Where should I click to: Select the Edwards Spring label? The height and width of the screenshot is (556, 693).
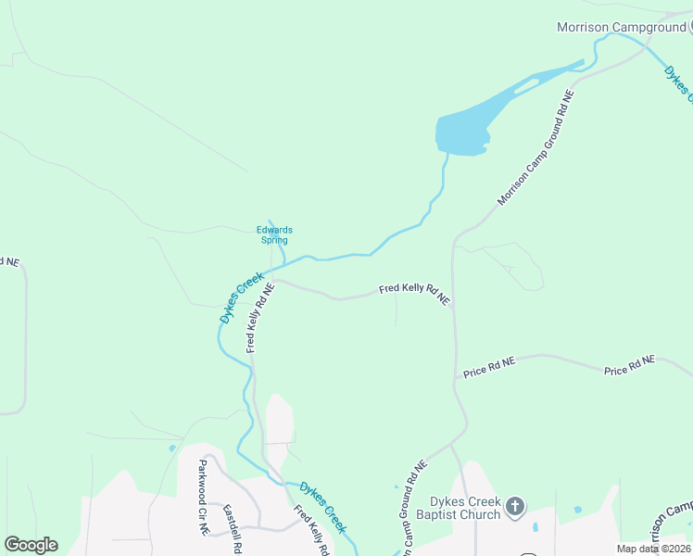[274, 235]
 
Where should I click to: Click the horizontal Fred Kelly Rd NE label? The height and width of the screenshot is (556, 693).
[414, 294]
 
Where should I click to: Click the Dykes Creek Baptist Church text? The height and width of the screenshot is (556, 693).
[458, 508]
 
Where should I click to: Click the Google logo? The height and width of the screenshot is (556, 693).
[31, 545]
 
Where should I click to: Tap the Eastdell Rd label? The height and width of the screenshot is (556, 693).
[231, 528]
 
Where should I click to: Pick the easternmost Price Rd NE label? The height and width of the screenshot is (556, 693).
[629, 365]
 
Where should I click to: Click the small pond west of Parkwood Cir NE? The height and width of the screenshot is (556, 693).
[172, 449]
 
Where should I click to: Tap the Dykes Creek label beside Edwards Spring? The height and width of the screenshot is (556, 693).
[242, 297]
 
